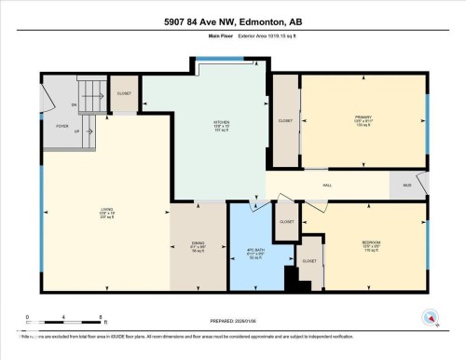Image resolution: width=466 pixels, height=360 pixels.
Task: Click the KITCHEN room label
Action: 220,122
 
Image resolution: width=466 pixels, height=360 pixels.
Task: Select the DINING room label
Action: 198,244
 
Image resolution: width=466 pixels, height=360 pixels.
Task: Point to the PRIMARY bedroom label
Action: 363,120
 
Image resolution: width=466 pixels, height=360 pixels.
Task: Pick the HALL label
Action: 327,186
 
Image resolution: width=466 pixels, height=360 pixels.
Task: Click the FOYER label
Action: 62,124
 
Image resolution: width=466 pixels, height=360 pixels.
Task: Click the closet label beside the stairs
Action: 124,93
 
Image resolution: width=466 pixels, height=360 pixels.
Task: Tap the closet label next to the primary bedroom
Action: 285,119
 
